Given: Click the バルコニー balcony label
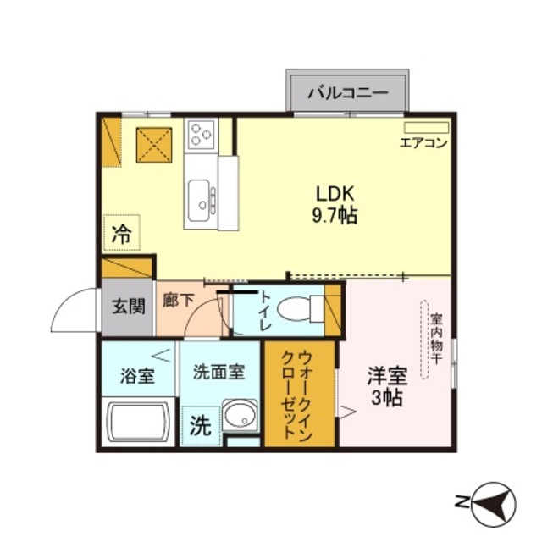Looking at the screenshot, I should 347,92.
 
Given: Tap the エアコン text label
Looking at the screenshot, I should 423,142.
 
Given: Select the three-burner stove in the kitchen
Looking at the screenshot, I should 202,133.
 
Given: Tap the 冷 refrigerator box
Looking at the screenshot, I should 122,233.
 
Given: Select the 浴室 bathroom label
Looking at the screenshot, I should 136,374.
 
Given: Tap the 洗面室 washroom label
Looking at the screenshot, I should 218,371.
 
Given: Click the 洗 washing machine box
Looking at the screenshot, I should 200,426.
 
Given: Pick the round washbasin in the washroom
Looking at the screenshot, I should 240,417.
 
